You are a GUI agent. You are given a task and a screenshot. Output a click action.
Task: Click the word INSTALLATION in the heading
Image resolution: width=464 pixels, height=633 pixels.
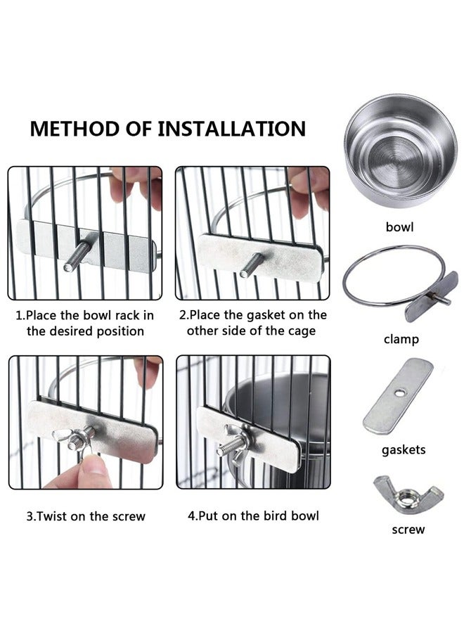231,129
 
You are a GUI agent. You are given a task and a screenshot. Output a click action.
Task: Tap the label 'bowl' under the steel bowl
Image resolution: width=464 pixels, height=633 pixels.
399,227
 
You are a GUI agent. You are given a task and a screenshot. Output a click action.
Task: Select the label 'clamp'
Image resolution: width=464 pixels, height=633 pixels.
401,339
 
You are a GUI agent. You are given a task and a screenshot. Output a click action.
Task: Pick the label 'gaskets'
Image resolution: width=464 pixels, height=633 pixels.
404,449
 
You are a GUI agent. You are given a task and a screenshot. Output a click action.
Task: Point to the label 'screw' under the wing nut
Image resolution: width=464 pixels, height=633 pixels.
408,529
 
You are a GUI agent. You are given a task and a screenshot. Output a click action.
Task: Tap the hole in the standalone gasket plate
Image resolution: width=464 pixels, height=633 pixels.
400,392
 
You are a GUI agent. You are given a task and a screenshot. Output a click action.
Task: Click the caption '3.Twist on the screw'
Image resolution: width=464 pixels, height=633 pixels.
86,516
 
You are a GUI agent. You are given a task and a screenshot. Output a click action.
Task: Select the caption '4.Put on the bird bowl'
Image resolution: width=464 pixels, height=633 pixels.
253,516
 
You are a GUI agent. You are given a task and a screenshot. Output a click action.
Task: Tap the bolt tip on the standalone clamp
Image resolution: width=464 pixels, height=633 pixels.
448,302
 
